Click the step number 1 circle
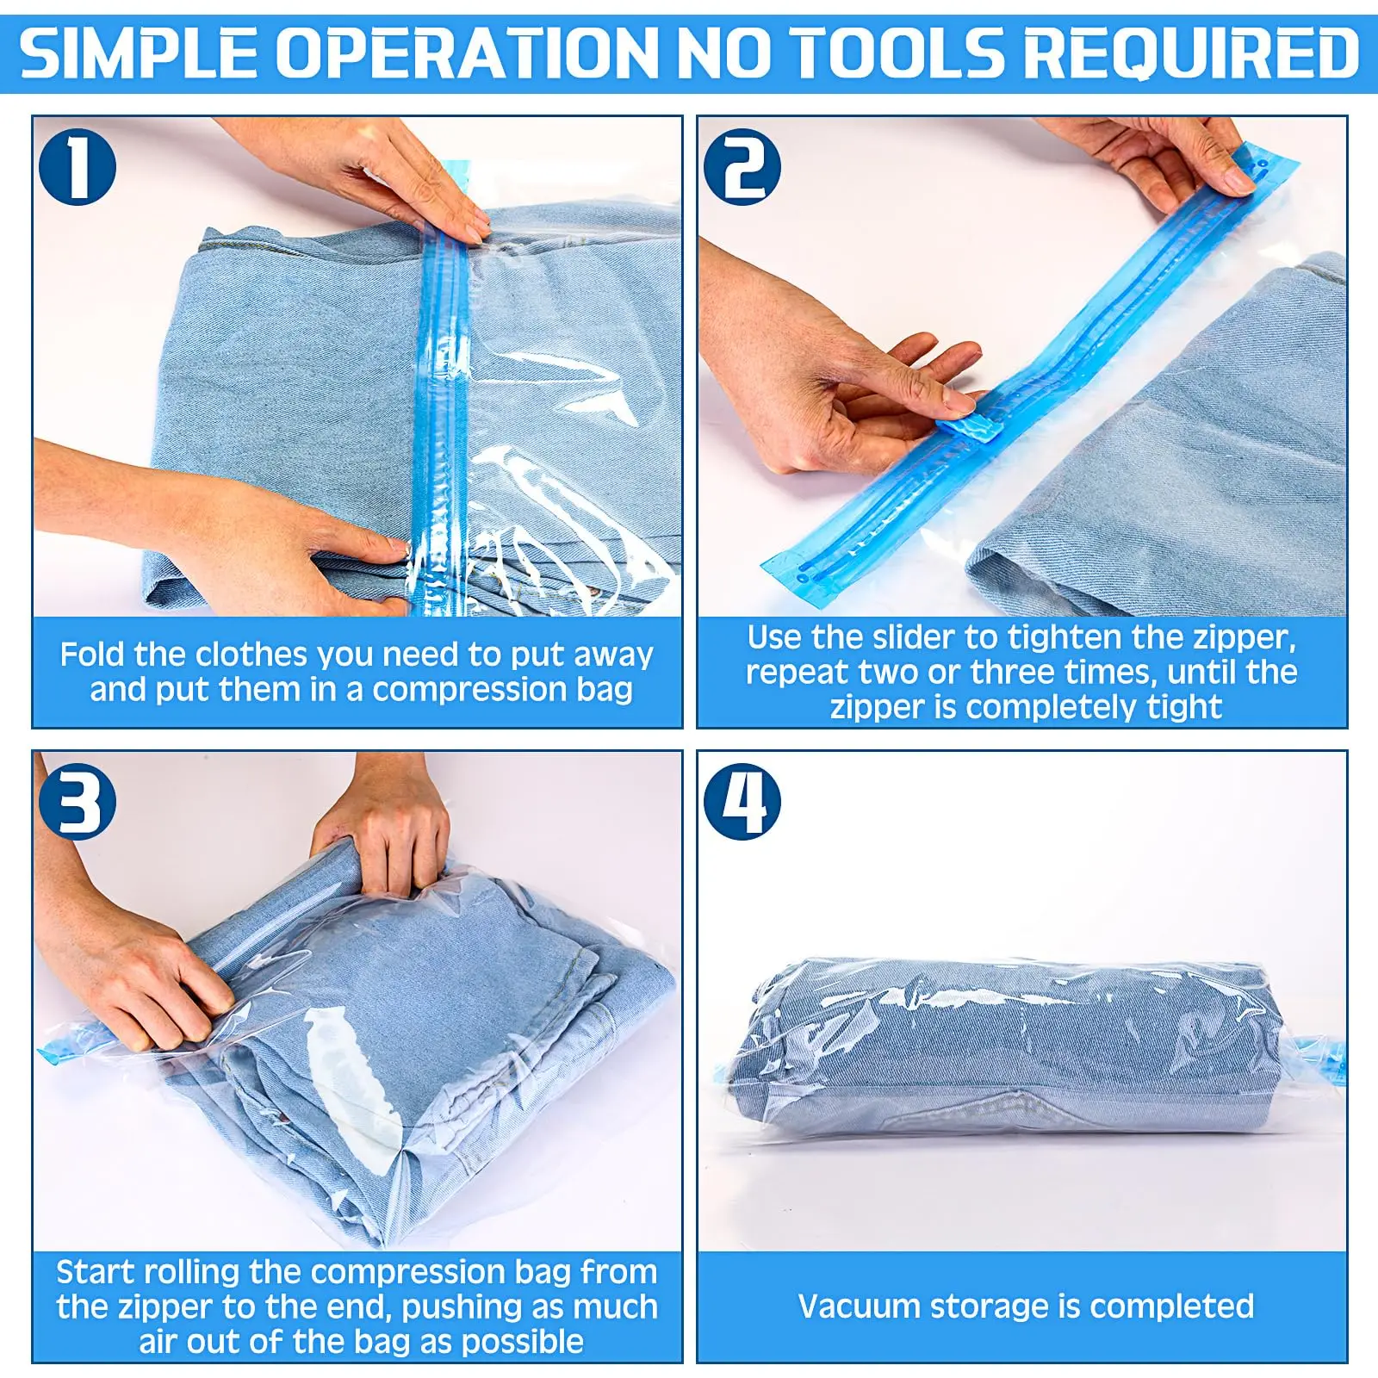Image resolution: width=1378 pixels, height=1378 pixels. tap(78, 167)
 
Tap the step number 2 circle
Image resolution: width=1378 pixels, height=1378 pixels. tap(742, 167)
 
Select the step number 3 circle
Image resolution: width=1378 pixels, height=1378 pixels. tap(78, 801)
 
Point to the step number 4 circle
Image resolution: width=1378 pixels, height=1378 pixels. tap(742, 801)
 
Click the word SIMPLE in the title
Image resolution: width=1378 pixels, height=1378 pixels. tap(139, 53)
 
